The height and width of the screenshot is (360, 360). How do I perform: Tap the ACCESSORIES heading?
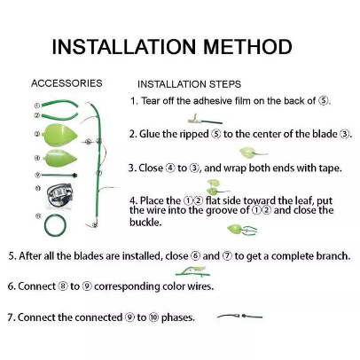point(67,83)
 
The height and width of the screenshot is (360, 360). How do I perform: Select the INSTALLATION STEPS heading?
point(189,84)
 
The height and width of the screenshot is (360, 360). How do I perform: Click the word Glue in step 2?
point(151,135)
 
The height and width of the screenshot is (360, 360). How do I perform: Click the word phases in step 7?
point(172,317)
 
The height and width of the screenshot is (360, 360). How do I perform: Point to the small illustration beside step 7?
point(239,315)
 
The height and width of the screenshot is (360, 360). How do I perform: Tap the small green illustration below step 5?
point(192,270)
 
